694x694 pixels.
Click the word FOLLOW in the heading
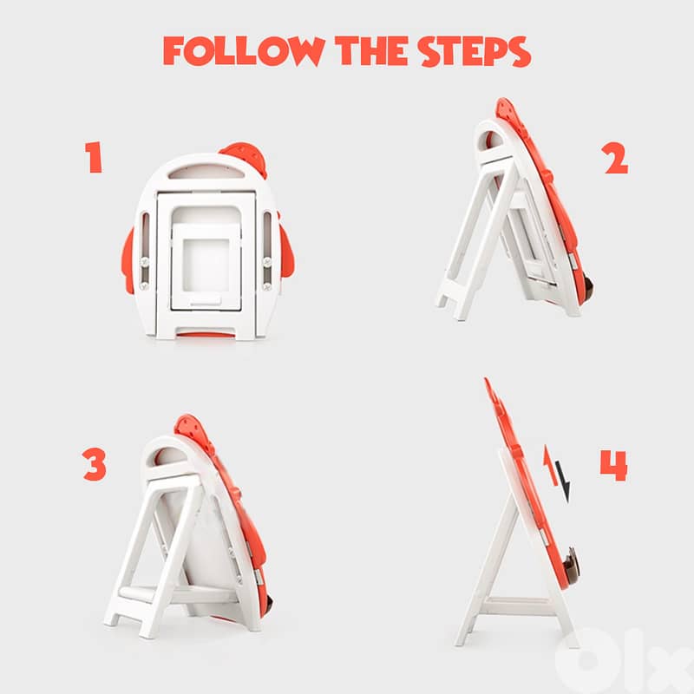click(x=244, y=51)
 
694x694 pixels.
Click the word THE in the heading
click(x=371, y=50)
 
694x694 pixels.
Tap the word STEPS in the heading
click(x=474, y=51)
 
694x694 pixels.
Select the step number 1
click(x=94, y=157)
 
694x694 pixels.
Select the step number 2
click(x=616, y=158)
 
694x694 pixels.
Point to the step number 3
click(x=95, y=464)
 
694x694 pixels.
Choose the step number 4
click(x=614, y=465)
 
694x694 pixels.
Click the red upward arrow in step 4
click(x=550, y=466)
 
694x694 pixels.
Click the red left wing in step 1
click(x=128, y=261)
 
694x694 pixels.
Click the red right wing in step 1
click(x=286, y=252)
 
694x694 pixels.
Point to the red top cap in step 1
click(x=246, y=157)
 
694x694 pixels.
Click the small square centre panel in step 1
click(x=206, y=265)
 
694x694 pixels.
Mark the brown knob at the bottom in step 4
click(x=571, y=566)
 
